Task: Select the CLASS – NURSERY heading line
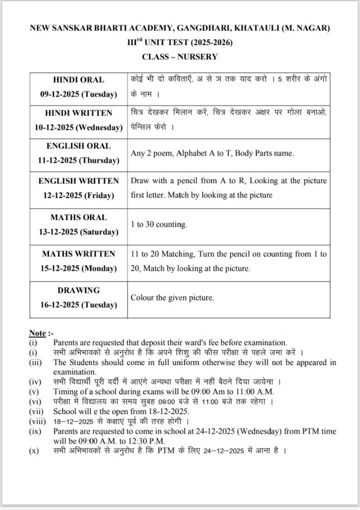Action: [180, 56]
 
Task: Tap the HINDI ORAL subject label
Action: [78, 79]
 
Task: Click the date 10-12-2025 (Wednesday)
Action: [78, 127]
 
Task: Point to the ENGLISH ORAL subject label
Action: [78, 146]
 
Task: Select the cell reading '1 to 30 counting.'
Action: [159, 224]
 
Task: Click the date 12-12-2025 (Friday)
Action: [78, 195]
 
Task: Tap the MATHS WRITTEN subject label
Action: [78, 254]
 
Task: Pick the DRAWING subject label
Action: [78, 290]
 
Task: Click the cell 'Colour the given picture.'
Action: [172, 297]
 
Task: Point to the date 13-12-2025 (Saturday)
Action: [78, 232]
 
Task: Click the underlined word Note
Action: [37, 333]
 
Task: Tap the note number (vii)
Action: [36, 411]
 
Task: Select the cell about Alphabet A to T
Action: [212, 153]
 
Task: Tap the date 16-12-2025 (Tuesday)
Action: [78, 304]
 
